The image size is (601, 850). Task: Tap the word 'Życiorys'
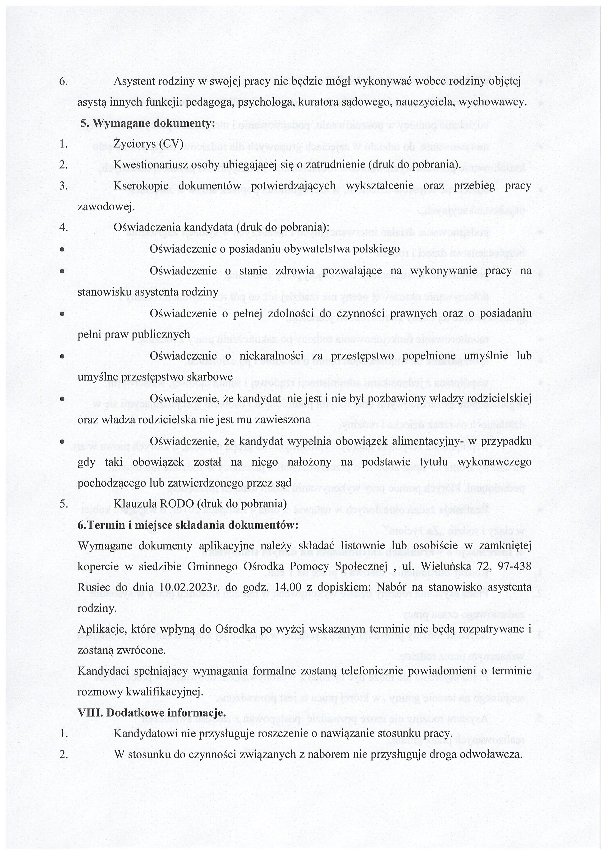pyautogui.click(x=133, y=144)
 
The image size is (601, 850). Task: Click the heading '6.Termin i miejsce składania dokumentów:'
pyautogui.click(x=188, y=525)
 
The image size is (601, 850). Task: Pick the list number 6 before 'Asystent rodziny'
pyautogui.click(x=63, y=81)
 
